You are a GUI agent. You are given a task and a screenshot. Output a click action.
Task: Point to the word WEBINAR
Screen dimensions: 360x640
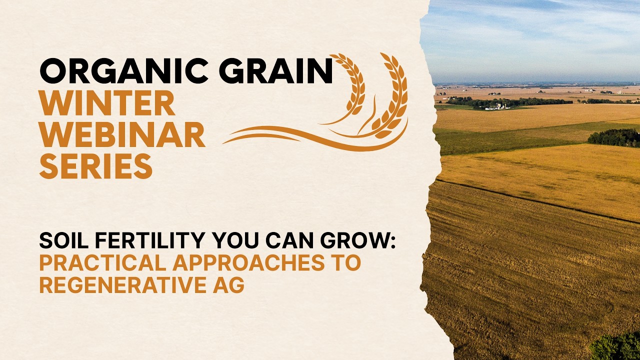point(122,135)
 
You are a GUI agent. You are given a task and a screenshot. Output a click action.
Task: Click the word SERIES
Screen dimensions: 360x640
point(96,166)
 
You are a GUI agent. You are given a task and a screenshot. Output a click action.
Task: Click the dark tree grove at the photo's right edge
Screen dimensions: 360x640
point(614,137)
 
